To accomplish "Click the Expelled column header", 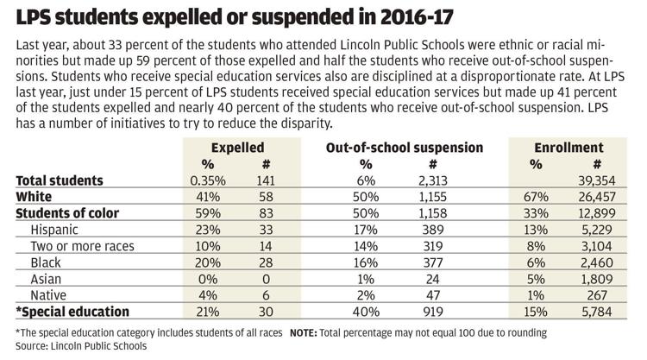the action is pos(237,148).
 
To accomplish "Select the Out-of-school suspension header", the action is pos(405,148).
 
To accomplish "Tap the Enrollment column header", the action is pos(568,148).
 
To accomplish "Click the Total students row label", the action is pos(60,180).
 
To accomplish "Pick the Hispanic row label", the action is pos(54,230).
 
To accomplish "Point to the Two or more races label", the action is pos(83,246).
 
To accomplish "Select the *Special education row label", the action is pos(72,312).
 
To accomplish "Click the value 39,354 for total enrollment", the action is pos(597,180).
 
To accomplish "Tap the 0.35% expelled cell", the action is pos(208,180).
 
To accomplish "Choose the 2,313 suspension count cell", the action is pos(432,180).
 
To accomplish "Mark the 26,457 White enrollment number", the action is pos(597,197).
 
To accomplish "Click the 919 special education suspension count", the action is pos(432,312).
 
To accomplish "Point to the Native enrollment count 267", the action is pos(597,295).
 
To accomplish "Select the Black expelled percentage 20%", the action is pos(208,262).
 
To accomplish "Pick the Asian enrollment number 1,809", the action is pos(597,279).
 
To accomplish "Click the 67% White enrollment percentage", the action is pos(536,197).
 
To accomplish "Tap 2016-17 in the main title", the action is pos(418,17).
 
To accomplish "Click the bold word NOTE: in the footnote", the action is pos(304,332).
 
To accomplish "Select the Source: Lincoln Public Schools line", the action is pos(81,346).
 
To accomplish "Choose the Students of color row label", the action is pos(67,213).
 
